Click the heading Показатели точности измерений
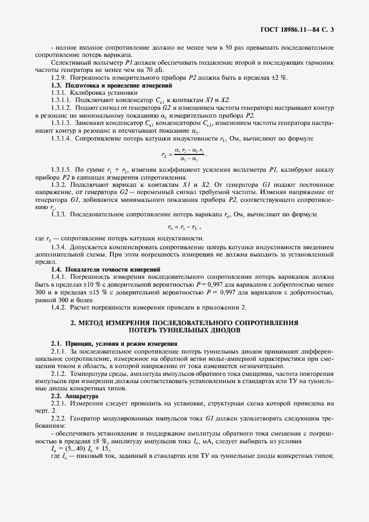tap(113, 269)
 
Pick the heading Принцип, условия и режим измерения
tap(121, 344)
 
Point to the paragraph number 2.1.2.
tap(60, 373)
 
